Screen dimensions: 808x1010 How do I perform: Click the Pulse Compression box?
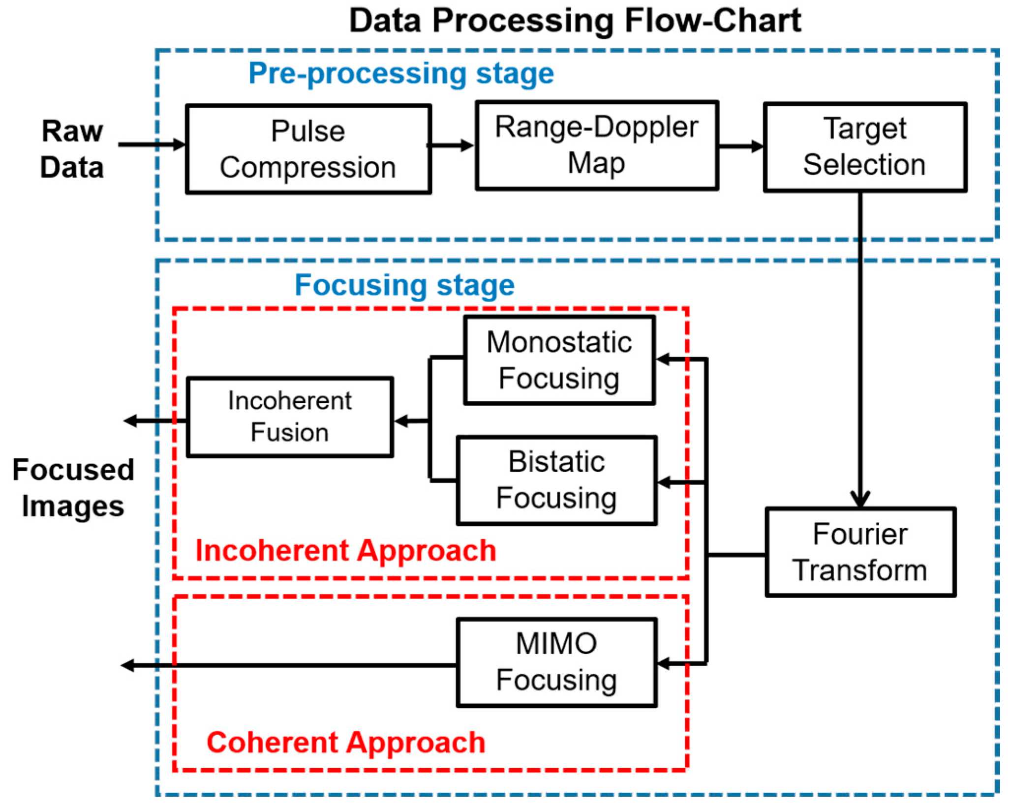(x=308, y=149)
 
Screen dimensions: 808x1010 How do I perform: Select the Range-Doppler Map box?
(x=596, y=145)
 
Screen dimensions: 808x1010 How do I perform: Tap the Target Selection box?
(x=864, y=147)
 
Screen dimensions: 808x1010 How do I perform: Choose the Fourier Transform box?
(x=860, y=552)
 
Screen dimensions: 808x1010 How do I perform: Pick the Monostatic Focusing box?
(x=559, y=360)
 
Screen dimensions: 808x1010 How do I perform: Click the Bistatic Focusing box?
(x=556, y=480)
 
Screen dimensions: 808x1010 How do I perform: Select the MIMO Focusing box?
(x=556, y=662)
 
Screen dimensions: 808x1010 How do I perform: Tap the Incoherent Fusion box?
(x=289, y=417)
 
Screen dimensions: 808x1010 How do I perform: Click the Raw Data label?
(x=72, y=149)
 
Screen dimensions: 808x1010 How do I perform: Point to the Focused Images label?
(x=73, y=488)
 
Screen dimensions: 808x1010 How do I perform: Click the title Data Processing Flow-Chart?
(x=575, y=21)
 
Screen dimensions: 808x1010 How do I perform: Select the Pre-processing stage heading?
(x=401, y=74)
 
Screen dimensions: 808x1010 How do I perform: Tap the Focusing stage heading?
(x=404, y=285)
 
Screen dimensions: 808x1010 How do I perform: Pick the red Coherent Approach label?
(x=345, y=742)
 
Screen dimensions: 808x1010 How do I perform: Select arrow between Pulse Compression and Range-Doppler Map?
(x=450, y=145)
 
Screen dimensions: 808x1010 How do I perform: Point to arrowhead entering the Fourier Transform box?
(x=860, y=499)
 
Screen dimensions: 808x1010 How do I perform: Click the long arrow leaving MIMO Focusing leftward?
(x=290, y=665)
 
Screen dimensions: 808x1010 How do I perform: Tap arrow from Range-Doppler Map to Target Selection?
(x=740, y=146)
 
